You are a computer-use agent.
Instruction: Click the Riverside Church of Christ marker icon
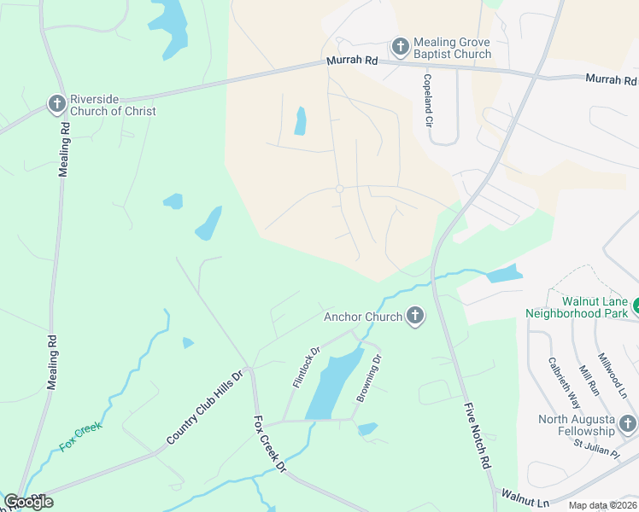tap(57, 104)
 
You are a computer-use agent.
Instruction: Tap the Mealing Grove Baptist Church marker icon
tap(400, 47)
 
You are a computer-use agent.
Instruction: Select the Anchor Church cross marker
tap(415, 317)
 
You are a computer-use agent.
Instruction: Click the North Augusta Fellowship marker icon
tap(628, 424)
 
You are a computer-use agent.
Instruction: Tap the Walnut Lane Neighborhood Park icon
tap(636, 305)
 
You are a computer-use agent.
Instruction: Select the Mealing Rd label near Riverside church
tap(63, 148)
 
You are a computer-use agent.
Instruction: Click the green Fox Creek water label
tap(80, 434)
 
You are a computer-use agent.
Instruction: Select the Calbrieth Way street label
tap(563, 382)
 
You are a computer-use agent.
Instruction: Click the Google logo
tap(28, 502)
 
